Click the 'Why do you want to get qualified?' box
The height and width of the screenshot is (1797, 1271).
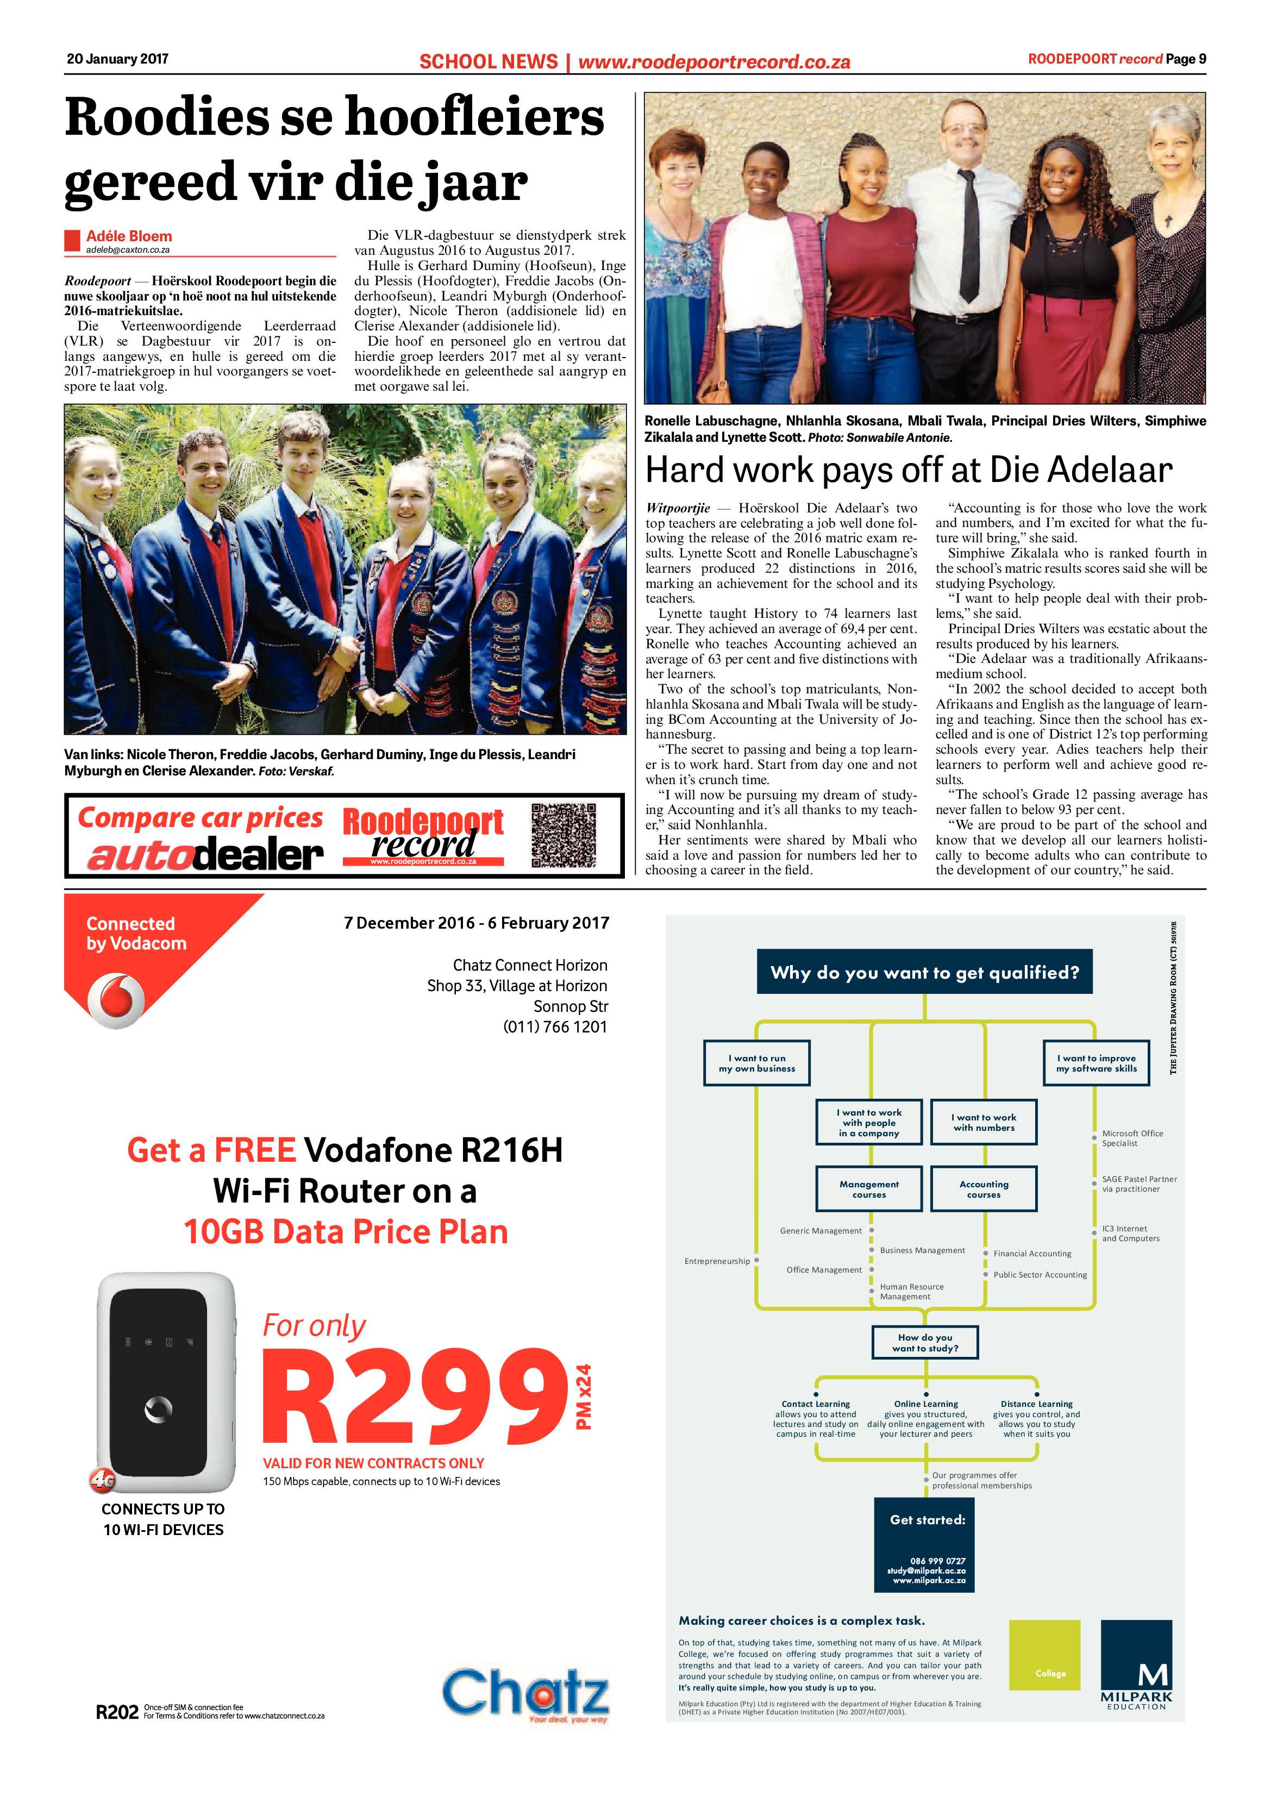coord(924,972)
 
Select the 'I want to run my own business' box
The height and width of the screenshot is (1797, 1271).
coord(757,1063)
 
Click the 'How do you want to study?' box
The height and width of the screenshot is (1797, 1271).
coord(925,1342)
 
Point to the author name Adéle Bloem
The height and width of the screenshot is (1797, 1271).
coord(129,236)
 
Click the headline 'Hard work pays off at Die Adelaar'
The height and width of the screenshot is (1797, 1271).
coord(909,469)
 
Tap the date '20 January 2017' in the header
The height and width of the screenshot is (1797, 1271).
coord(117,59)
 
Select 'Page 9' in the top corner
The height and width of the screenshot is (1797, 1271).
coord(1186,59)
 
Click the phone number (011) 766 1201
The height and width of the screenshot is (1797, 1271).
coord(555,1027)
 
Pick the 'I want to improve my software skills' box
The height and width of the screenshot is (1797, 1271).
coord(1097,1063)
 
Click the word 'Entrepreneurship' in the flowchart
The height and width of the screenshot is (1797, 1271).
coord(717,1261)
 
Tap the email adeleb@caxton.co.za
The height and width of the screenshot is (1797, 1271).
coord(128,249)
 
